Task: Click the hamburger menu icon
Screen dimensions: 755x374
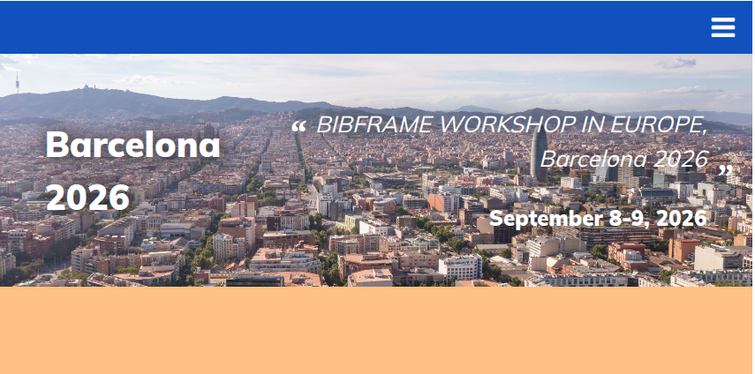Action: point(722,27)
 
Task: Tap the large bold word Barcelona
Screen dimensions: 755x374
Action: point(132,144)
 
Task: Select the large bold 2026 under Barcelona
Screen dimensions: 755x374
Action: point(88,198)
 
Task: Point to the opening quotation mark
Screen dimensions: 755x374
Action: point(298,126)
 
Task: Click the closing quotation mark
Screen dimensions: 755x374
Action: point(725,170)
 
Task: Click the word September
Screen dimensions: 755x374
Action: point(547,219)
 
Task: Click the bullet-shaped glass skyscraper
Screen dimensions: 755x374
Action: point(539,154)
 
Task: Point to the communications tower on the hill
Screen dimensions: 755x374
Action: point(18,82)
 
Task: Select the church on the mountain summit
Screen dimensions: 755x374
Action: point(87,87)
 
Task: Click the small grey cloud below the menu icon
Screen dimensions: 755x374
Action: point(677,63)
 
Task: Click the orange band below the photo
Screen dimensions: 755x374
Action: point(378,330)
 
